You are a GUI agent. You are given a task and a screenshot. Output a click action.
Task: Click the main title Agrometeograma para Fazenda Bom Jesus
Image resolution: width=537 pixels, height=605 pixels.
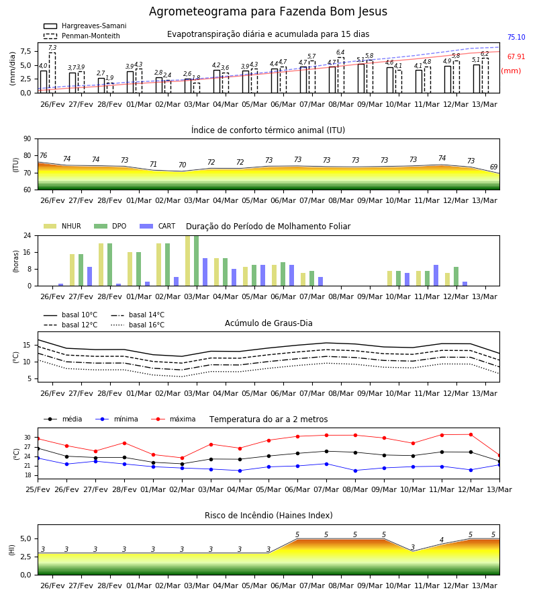click(268, 11)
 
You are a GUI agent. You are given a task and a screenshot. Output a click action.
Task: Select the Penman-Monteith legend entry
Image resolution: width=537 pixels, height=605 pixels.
click(82, 36)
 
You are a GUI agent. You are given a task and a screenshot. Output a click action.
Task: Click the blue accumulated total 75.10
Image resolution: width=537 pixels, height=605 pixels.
click(516, 37)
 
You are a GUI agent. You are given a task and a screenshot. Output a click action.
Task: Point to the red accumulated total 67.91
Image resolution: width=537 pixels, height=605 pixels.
click(516, 56)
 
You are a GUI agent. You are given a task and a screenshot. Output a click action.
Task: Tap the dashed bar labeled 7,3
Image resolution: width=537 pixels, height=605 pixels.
click(52, 73)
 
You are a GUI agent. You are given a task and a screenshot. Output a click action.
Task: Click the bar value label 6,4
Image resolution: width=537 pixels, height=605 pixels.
click(340, 52)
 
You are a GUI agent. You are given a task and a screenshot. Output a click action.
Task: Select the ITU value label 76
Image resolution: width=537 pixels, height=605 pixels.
click(43, 155)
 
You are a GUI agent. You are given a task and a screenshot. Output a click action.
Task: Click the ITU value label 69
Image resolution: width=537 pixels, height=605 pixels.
click(493, 167)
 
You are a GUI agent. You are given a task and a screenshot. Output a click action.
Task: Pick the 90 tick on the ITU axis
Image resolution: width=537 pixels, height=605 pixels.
click(28, 139)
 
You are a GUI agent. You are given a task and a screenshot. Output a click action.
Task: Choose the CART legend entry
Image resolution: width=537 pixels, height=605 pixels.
click(158, 226)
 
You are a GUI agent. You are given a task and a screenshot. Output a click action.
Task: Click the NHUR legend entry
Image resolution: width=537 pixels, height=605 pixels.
click(62, 226)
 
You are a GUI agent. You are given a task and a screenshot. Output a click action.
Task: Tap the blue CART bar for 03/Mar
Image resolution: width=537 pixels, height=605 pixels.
click(205, 272)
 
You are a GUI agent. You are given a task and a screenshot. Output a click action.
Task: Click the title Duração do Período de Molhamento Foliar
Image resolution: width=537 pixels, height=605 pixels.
click(268, 227)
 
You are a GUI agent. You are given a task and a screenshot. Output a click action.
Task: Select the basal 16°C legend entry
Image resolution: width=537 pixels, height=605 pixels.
click(138, 325)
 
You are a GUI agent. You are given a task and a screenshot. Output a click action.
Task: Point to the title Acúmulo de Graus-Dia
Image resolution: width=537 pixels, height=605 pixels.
click(268, 323)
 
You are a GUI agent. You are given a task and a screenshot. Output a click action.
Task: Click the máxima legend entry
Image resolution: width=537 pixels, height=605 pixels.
click(173, 419)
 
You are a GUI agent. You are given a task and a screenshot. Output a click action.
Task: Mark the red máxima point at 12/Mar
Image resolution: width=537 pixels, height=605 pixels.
click(471, 434)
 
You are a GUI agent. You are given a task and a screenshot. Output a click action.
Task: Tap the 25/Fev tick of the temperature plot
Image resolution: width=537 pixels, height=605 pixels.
click(38, 489)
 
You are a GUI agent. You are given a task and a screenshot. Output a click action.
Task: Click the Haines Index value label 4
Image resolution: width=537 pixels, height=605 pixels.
click(442, 540)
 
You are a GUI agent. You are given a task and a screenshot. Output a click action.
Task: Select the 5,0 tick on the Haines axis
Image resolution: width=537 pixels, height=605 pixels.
click(26, 538)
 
